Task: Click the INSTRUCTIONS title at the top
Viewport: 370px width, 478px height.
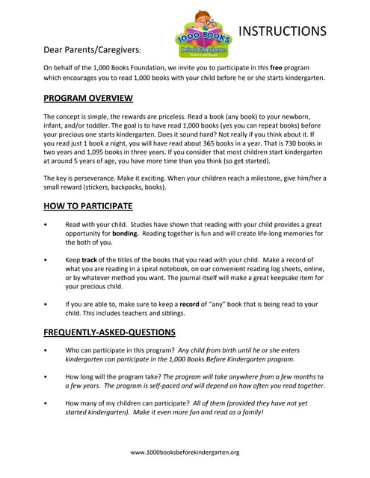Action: [282, 31]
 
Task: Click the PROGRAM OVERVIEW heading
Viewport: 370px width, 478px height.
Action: [88, 98]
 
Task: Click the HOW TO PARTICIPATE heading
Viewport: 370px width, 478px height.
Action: [88, 206]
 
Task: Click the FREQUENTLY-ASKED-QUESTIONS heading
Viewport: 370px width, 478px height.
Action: [110, 332]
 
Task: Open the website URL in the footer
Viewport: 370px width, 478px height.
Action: [185, 453]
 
